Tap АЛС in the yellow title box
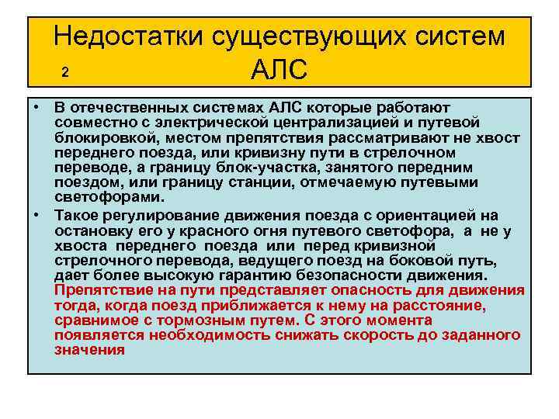click(279, 71)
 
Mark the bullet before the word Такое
click(36, 215)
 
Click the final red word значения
click(89, 350)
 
